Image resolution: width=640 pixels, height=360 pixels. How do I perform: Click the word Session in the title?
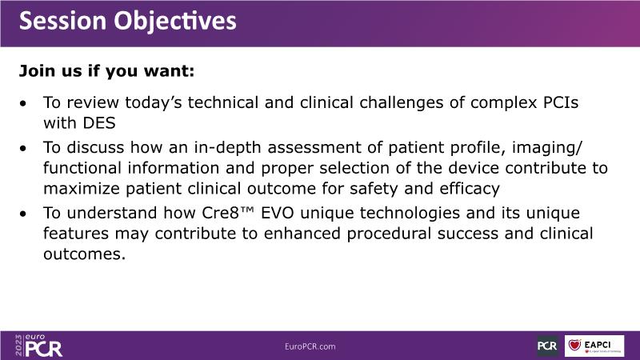coord(63,21)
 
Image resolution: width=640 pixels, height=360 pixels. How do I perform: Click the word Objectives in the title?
coord(175,22)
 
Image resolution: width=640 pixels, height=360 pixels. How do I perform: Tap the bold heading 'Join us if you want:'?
coord(107,71)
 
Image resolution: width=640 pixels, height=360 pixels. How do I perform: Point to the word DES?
coord(99,123)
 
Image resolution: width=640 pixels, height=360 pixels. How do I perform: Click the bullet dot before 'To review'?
coord(23,103)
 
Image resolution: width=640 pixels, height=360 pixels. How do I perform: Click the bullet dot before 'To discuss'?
coord(23,148)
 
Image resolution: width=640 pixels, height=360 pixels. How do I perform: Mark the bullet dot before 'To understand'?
coord(23,214)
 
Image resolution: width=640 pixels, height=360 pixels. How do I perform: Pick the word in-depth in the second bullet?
coord(227,148)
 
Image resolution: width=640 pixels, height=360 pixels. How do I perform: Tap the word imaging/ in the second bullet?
coord(547,148)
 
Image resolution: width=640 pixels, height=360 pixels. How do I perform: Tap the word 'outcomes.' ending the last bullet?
coord(85,254)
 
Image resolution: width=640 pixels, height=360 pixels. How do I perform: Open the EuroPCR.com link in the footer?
coord(310,346)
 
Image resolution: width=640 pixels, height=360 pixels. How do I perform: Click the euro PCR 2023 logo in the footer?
coord(38,346)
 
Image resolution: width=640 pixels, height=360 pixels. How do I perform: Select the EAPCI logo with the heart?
coord(594,346)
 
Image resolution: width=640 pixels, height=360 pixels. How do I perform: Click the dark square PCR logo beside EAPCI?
coord(547,346)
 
